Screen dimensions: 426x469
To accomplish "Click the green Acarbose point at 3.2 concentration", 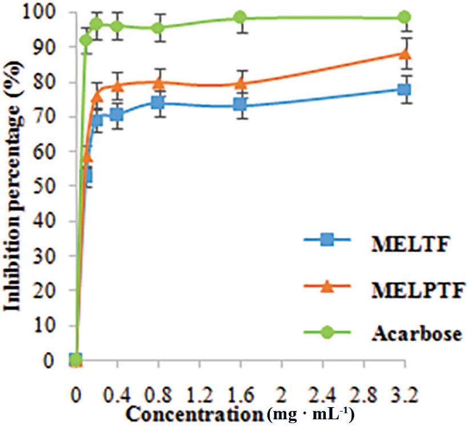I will (404, 17).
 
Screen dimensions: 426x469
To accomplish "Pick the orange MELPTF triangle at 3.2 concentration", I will (404, 54).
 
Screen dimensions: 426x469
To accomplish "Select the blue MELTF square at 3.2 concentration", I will (404, 90).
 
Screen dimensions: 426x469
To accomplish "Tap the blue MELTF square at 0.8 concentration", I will (158, 103).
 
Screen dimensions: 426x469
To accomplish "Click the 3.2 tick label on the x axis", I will (403, 394).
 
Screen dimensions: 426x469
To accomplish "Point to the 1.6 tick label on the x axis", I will (240, 394).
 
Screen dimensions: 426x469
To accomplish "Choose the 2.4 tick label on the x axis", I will (322, 394).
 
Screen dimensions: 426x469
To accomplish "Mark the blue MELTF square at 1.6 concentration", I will (240, 105).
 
